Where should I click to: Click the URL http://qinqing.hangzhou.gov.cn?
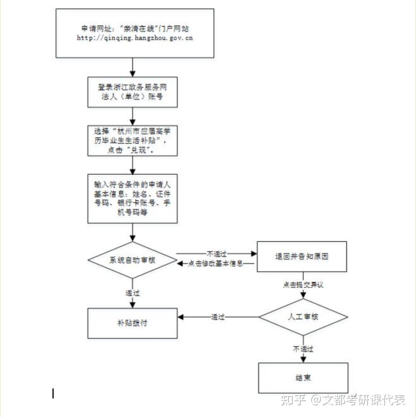pos(135,38)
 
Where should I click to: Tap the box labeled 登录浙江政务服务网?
pos(133,92)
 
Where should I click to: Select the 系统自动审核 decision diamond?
pos(133,260)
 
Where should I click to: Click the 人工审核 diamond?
pos(303,317)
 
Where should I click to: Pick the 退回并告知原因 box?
pos(302,257)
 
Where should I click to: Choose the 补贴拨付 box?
pos(133,323)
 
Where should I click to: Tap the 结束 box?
pos(303,378)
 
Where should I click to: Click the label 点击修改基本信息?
pos(215,264)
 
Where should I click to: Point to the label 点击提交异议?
pos(303,285)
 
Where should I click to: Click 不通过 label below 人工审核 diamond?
pos(303,349)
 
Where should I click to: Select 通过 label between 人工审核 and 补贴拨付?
pos(218,317)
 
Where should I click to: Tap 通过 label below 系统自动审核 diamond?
pos(133,293)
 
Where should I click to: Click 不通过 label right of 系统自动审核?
pos(217,254)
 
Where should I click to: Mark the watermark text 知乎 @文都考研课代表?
pos(343,400)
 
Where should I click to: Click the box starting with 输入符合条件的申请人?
pos(133,199)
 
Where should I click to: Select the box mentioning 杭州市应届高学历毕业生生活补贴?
pos(133,141)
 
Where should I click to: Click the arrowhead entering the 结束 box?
pos(303,360)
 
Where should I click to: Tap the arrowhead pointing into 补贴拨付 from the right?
pos(181,317)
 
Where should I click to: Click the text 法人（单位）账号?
pos(132,96)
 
